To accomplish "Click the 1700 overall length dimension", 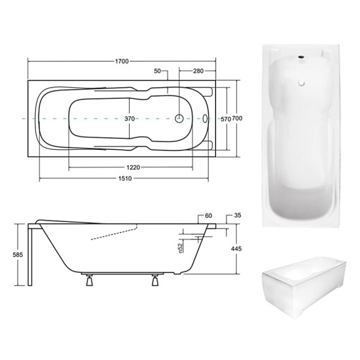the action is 122,62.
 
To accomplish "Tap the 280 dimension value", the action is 198,71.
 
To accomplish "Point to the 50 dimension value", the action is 157,71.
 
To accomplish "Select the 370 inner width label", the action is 130,118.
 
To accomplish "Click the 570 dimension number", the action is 226,119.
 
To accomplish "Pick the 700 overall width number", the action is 237,118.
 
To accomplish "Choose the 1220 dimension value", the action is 133,168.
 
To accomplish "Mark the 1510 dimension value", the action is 125,179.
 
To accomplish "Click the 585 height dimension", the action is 18,255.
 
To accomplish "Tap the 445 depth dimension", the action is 236,249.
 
